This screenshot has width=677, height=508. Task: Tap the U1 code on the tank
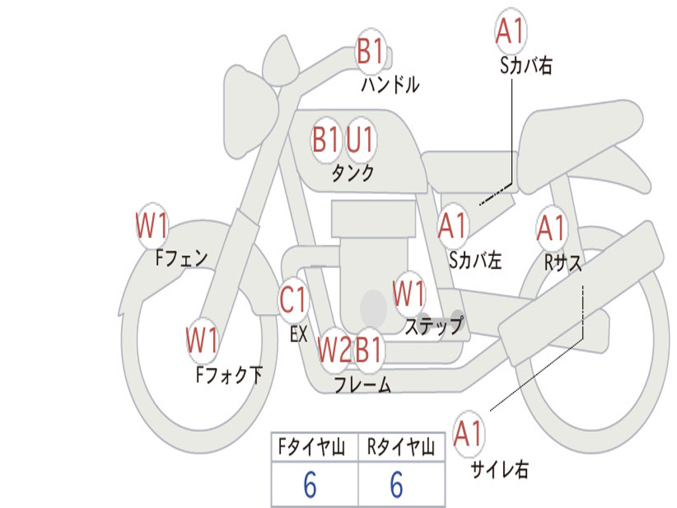[x=360, y=140]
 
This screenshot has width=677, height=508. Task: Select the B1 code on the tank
[x=325, y=140]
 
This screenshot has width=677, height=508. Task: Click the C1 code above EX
[x=294, y=300]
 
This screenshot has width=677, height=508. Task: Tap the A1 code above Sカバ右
[x=510, y=31]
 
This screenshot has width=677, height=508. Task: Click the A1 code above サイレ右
[x=469, y=435]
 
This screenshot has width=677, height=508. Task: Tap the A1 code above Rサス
[x=551, y=228]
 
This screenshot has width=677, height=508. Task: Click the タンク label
[x=352, y=173]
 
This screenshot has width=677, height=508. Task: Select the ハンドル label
[x=390, y=85]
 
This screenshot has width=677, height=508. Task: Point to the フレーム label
[x=362, y=385]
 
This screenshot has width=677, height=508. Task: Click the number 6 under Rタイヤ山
[x=396, y=486]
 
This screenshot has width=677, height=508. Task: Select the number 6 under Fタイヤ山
[x=309, y=486]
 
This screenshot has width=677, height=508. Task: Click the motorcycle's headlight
[x=250, y=109]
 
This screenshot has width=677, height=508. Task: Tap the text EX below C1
[x=299, y=334]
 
